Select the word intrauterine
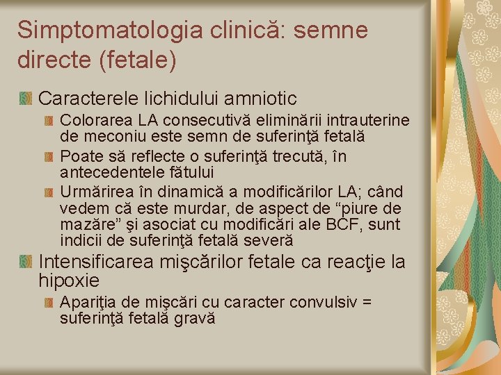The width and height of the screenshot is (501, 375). coord(364,122)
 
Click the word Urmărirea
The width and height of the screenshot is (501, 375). coord(93,192)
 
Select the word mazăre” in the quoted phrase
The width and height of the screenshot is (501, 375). coord(86,225)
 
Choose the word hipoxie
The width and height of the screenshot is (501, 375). coord(69,281)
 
